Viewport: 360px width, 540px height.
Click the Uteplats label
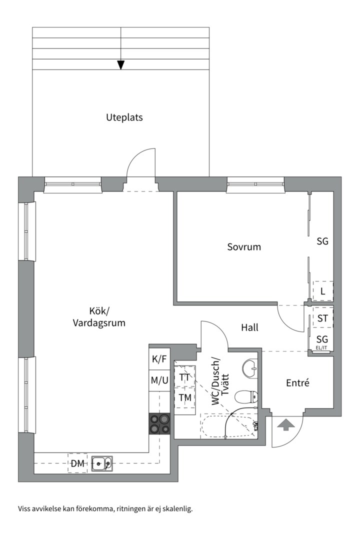click(124, 117)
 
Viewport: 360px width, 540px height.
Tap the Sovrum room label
click(244, 246)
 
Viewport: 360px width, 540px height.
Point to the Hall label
click(249, 327)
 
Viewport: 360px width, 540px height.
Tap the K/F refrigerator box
click(159, 358)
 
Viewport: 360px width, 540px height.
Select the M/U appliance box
click(159, 380)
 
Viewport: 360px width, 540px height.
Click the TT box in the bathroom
click(184, 377)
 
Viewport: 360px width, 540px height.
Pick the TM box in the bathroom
click(184, 398)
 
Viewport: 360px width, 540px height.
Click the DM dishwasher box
click(77, 463)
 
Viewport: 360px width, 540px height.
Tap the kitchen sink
click(102, 464)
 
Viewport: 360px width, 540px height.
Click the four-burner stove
click(159, 423)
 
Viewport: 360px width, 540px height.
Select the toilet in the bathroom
click(245, 397)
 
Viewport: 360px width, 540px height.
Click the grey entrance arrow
click(285, 425)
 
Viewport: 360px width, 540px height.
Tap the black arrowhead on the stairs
click(120, 64)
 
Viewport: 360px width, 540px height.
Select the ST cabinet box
click(322, 318)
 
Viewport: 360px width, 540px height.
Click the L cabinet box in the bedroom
click(322, 290)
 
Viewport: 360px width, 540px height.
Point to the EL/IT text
click(321, 348)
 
